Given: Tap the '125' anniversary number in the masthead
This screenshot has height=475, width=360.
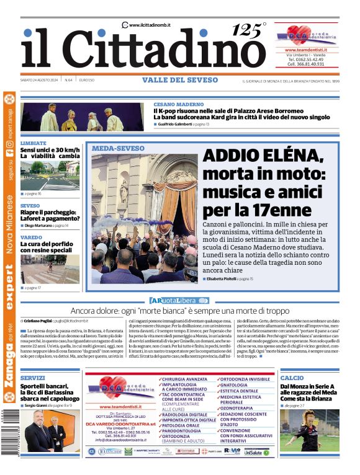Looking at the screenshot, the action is [x=245, y=30].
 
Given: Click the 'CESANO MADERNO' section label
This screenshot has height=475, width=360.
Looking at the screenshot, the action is [x=179, y=104].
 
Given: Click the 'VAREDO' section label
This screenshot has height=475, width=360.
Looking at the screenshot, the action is [x=31, y=238].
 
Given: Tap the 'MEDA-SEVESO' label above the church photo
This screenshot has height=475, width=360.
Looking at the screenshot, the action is [x=118, y=149].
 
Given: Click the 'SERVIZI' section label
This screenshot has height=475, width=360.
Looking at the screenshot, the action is [x=32, y=378].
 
